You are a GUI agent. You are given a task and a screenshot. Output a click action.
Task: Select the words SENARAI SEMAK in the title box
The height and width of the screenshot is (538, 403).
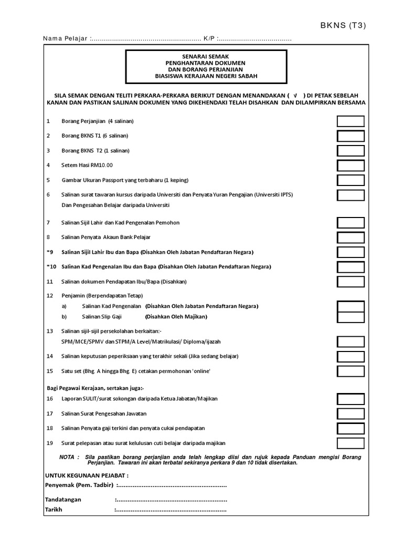click(x=206, y=55)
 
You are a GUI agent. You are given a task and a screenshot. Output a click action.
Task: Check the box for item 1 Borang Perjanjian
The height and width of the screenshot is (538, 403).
click(x=351, y=121)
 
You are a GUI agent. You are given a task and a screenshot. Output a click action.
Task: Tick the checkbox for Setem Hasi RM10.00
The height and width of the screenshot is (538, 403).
click(x=351, y=165)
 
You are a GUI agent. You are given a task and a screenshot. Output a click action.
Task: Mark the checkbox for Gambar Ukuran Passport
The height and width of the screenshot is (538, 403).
click(x=351, y=180)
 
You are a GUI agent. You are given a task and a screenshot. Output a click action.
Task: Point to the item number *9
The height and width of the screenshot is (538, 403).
click(x=50, y=252)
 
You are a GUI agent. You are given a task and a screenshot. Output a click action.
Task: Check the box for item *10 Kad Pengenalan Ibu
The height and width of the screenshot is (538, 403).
click(x=351, y=267)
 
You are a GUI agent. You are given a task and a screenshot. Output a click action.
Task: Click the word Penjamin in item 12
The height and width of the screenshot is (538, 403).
click(x=73, y=295)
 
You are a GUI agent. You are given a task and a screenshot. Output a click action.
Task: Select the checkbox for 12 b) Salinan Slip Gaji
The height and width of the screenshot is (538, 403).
click(x=351, y=317)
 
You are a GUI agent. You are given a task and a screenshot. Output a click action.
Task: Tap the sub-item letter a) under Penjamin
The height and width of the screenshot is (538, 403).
click(x=65, y=306)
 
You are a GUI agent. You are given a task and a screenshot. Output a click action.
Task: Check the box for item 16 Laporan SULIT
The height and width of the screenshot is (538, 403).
click(x=351, y=399)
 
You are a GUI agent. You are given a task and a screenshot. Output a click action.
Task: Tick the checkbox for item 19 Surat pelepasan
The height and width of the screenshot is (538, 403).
click(x=351, y=443)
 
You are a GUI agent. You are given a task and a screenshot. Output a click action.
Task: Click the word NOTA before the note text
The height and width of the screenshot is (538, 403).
click(x=67, y=457)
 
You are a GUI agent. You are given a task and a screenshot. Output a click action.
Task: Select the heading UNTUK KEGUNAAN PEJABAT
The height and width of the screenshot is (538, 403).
click(x=87, y=475)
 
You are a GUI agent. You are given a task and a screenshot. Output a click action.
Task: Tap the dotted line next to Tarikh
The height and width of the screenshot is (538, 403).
click(x=171, y=510)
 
